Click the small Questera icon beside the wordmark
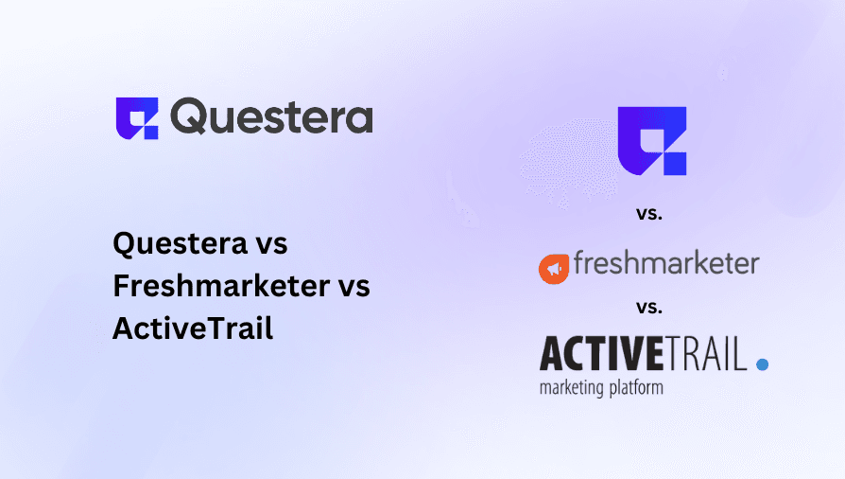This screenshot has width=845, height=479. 137,118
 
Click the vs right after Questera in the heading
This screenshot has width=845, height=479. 267,243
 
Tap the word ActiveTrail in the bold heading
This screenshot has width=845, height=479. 193,328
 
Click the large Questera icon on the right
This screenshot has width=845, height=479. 650,140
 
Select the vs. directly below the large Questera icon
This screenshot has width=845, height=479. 649,214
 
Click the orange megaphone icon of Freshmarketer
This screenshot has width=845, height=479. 554,269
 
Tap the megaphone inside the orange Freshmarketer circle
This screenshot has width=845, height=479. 554,270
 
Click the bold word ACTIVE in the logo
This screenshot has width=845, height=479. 599,354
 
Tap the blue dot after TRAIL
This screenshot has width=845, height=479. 762,364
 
